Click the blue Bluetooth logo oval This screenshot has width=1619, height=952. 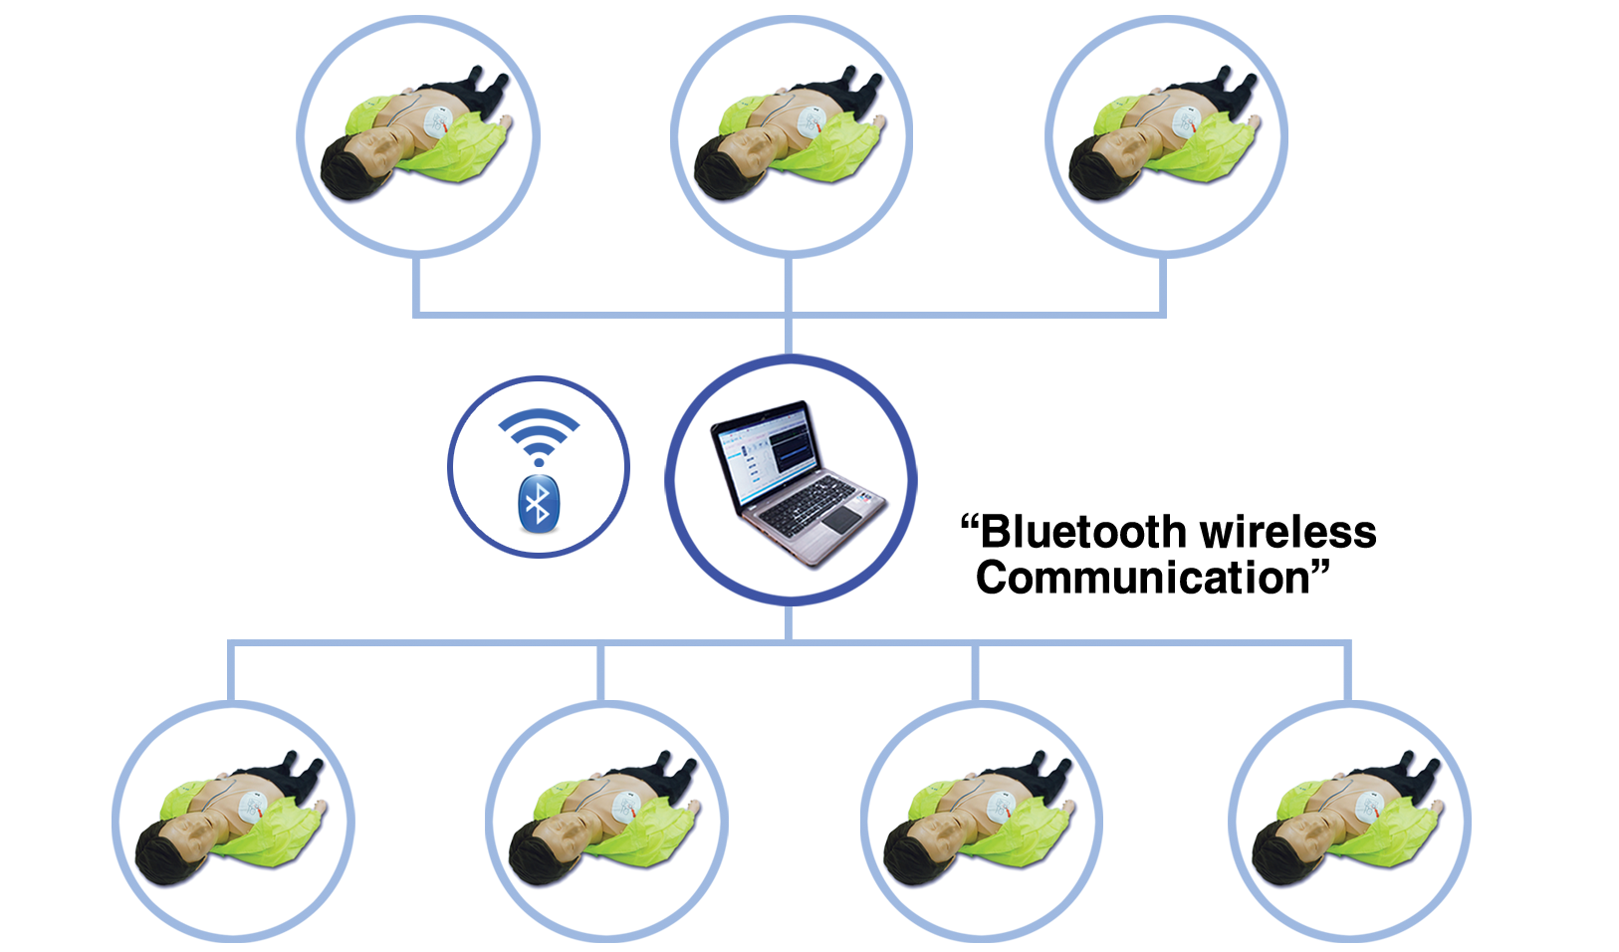[x=539, y=503]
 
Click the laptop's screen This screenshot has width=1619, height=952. [x=769, y=454]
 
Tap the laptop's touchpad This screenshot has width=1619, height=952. [x=842, y=519]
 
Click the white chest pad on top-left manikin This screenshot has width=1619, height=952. [x=439, y=123]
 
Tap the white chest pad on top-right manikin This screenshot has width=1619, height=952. [x=1187, y=123]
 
